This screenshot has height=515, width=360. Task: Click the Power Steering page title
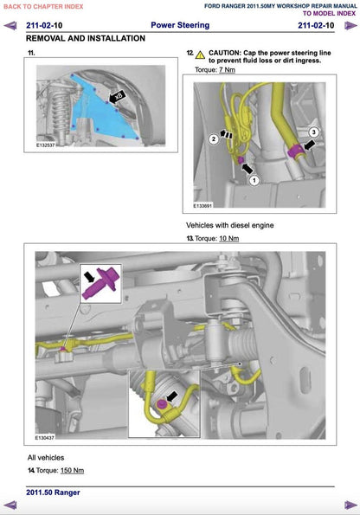181,26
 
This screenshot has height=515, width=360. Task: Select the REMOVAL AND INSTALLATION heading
85,40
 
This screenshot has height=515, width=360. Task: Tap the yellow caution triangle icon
201,54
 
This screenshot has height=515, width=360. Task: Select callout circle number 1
254,181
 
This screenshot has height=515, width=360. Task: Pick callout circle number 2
213,138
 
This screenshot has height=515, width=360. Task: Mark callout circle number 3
314,131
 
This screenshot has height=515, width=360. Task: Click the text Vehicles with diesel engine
230,225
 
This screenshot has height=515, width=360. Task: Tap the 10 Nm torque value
228,237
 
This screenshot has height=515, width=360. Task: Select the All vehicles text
45,457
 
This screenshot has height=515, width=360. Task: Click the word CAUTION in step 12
227,54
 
